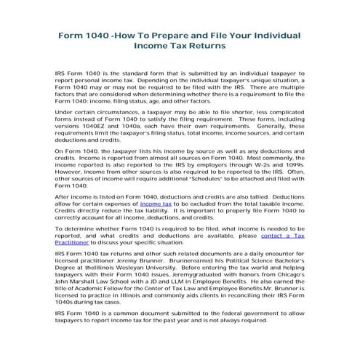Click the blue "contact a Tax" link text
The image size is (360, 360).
click(282, 236)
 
